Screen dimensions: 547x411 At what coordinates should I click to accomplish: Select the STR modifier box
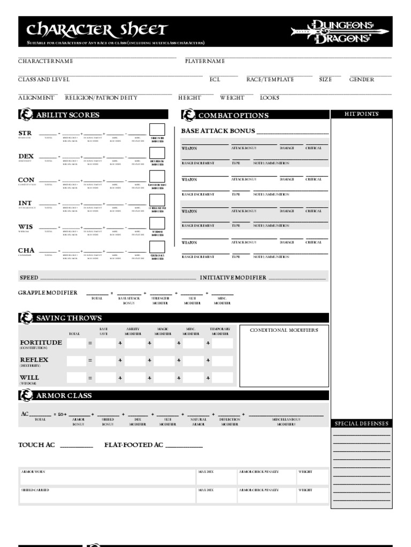tap(157, 130)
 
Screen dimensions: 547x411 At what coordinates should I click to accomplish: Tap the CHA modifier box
tap(157, 247)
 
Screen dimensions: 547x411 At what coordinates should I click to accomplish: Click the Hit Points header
tap(362, 114)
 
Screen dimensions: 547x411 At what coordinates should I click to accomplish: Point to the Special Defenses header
tap(362, 424)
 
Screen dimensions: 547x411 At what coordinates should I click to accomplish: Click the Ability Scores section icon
tap(26, 115)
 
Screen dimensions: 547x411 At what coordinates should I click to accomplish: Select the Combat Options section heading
tap(233, 115)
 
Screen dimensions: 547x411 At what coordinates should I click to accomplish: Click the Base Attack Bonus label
tap(218, 131)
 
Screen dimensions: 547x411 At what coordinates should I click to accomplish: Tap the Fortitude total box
tap(77, 343)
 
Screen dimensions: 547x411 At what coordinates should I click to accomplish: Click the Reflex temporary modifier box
tap(222, 361)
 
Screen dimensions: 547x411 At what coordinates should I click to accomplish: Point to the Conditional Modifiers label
tap(284, 330)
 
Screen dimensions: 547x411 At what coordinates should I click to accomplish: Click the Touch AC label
tap(36, 445)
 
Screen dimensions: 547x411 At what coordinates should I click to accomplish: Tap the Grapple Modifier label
tap(48, 293)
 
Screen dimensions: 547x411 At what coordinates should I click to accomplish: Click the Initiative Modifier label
tap(233, 278)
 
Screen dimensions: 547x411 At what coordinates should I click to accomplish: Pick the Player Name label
tap(205, 61)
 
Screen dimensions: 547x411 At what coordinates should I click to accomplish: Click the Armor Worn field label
tap(33, 472)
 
